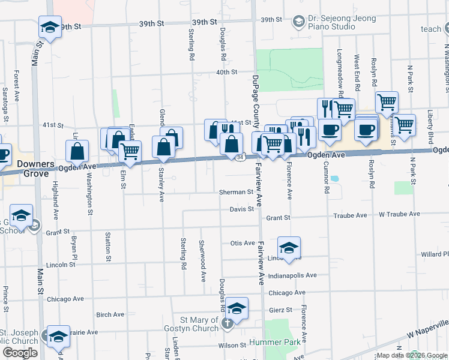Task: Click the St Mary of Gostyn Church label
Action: [x=194, y=324]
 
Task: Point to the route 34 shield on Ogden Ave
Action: [x=240, y=157]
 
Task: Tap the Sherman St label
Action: [x=235, y=193]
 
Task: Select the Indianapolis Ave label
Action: [x=292, y=275]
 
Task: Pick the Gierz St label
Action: [x=280, y=310]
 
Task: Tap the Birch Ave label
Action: [x=110, y=314]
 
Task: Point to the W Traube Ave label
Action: [x=398, y=215]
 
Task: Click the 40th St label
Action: [x=227, y=72]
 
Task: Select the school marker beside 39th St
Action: [x=49, y=27]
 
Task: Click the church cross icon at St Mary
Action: [x=227, y=324]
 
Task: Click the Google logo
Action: [x=20, y=353]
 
